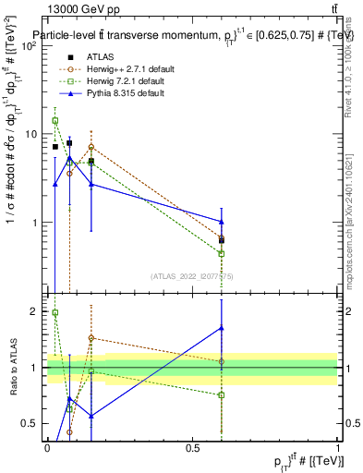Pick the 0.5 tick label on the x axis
[x=192, y=448]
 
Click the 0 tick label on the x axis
[x=47, y=448]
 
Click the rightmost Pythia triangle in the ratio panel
[x=221, y=328]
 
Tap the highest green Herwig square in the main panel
[x=55, y=121]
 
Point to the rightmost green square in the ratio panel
[x=221, y=395]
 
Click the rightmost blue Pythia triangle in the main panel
[x=221, y=221]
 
